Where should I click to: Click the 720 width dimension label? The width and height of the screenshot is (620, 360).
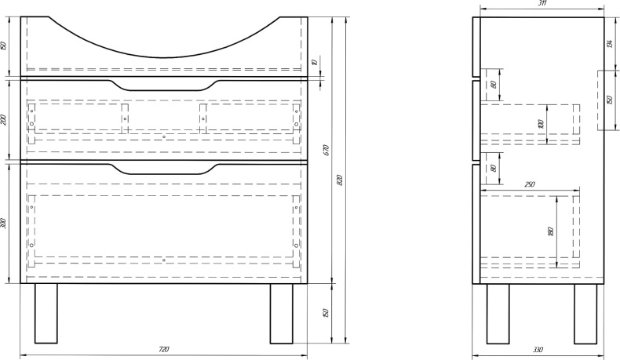164,349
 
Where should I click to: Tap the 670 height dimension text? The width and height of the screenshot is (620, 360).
324,151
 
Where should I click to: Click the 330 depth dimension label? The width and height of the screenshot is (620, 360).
538,349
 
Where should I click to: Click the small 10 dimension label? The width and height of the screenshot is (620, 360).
315,62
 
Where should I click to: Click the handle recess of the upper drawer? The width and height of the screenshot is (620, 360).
163,85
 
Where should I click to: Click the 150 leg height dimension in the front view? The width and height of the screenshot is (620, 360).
324,312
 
